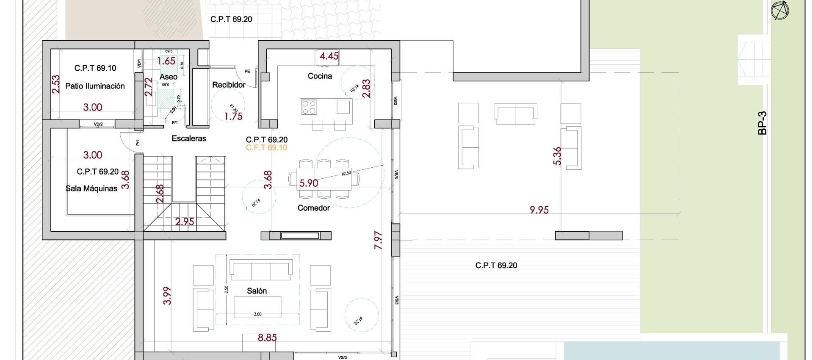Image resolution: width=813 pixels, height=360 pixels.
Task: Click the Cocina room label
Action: (x=320, y=76)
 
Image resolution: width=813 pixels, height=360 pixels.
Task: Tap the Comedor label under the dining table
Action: (x=313, y=208)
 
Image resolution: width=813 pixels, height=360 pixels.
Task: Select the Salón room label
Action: (x=257, y=291)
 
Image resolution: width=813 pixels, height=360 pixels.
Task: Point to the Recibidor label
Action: (x=229, y=85)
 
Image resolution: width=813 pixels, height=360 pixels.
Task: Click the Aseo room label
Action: (x=168, y=77)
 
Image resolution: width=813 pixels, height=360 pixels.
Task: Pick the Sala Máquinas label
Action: (x=91, y=188)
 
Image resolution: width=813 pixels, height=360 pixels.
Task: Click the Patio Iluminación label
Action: (x=95, y=86)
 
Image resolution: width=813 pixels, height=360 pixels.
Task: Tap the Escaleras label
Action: (x=189, y=138)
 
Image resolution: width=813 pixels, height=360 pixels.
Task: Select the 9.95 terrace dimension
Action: (x=539, y=210)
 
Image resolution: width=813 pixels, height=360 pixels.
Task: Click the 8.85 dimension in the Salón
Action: (x=267, y=338)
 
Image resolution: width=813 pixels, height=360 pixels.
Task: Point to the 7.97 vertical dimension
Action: (x=378, y=240)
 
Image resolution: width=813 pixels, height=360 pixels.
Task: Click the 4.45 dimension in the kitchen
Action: (x=329, y=56)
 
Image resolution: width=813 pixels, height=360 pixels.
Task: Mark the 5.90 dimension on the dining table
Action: (x=308, y=183)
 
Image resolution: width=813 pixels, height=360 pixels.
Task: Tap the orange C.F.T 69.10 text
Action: (x=266, y=147)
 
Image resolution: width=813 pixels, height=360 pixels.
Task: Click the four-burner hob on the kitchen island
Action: (x=309, y=107)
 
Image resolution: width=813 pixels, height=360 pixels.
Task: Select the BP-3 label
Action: (x=762, y=123)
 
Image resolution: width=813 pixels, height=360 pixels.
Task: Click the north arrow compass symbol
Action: (x=780, y=11)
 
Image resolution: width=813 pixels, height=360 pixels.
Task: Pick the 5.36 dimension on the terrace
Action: (x=557, y=156)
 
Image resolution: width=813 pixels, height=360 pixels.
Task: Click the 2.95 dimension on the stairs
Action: (x=185, y=221)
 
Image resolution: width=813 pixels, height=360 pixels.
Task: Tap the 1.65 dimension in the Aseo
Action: (x=166, y=61)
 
